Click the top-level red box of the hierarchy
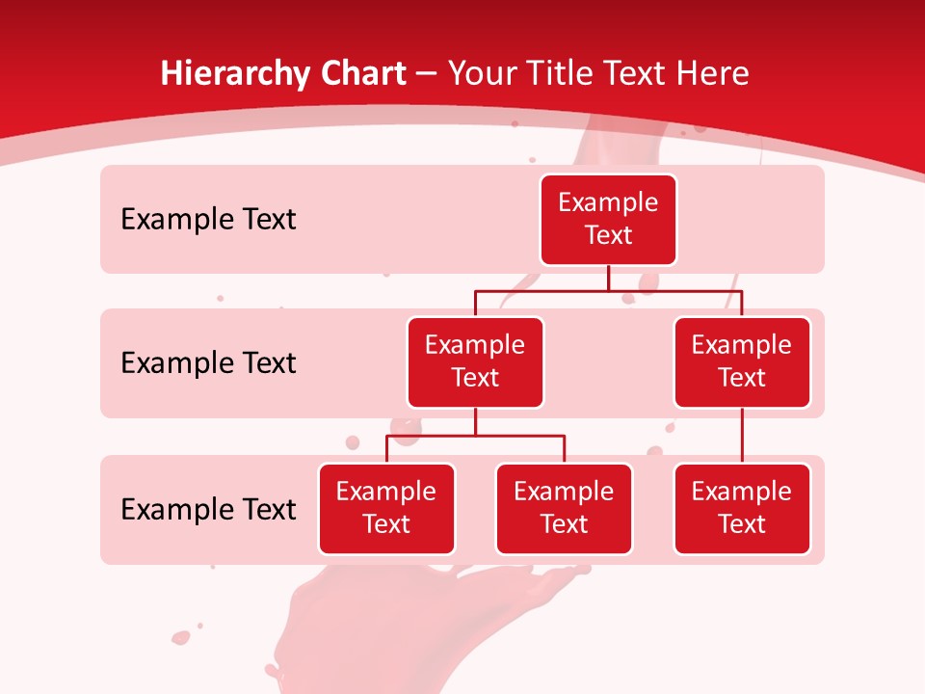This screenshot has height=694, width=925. pos(608,220)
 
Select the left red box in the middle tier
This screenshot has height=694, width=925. pos(475,362)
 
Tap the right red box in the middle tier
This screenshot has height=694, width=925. pos(742,362)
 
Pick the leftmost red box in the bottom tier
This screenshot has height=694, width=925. pos(386,509)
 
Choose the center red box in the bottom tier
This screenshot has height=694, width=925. pos(564,509)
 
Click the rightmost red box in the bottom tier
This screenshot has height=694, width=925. pos(742,509)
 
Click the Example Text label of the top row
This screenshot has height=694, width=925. pos(208,220)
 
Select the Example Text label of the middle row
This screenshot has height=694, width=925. pos(208,363)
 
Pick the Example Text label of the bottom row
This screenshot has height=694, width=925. pos(208,510)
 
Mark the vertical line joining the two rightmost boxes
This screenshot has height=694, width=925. pos(742,436)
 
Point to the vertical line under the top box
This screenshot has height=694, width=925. pos(608,278)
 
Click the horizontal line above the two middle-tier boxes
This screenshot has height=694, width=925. pos(608,290)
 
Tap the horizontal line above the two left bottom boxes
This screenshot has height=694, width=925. pos(475,436)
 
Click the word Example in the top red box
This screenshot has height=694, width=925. pos(608,203)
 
